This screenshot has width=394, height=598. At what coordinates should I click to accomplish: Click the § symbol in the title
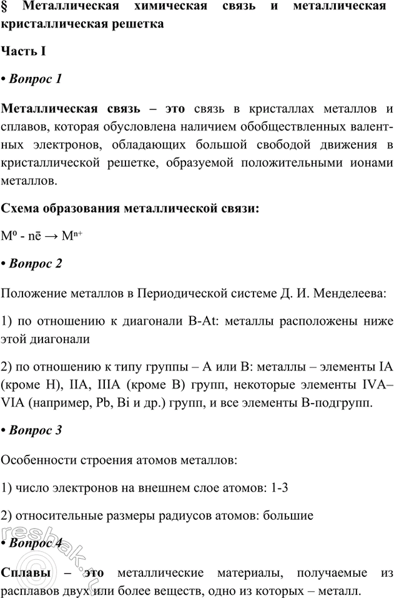[6, 8]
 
